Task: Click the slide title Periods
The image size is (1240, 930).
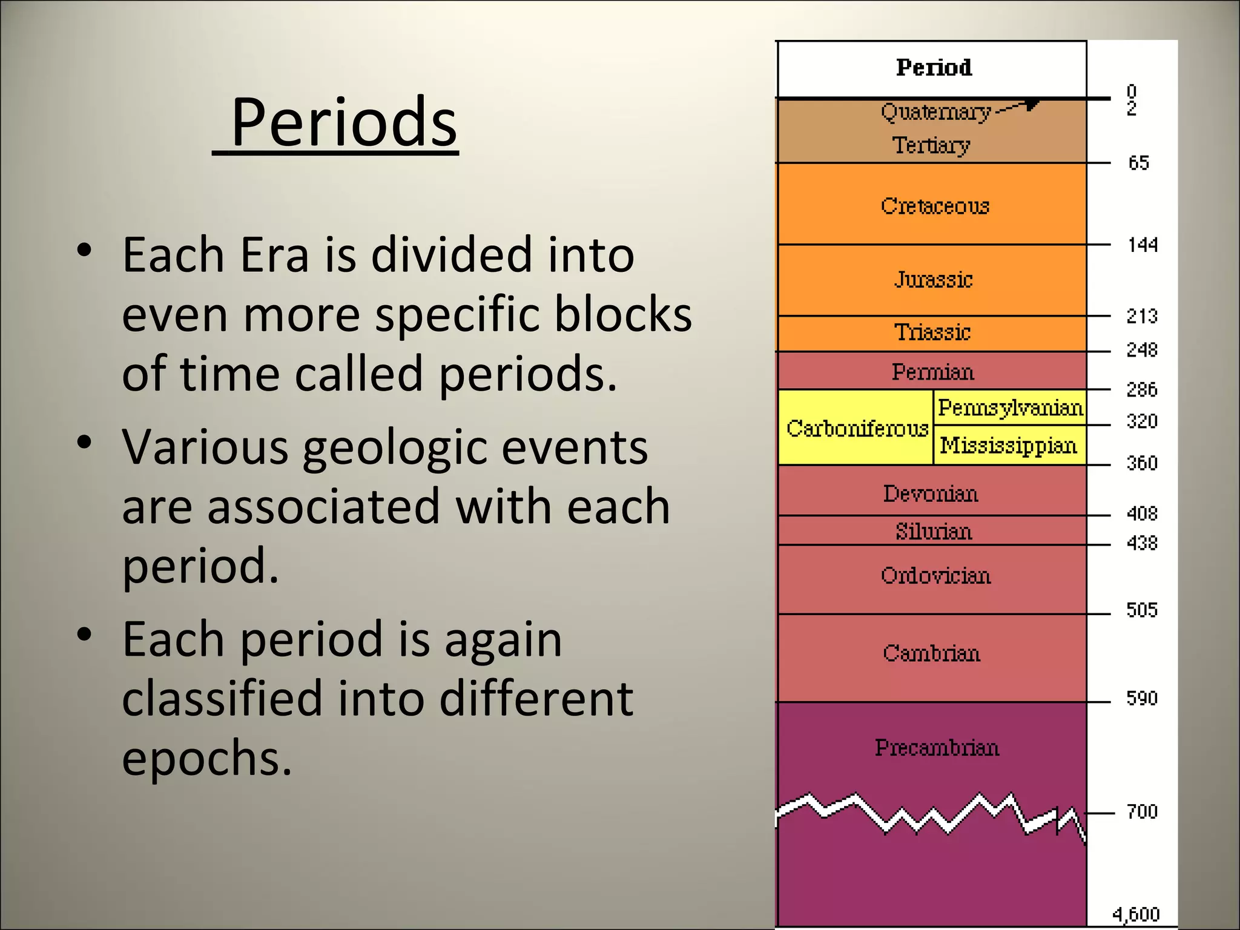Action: tap(343, 123)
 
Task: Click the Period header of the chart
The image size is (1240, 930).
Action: tap(934, 67)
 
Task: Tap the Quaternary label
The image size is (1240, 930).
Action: tap(935, 112)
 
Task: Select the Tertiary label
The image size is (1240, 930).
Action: tap(931, 145)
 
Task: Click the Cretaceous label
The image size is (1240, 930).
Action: tap(935, 206)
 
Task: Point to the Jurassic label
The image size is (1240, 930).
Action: tap(934, 279)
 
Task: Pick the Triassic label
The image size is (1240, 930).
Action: tap(932, 332)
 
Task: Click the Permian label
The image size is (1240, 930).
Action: tap(932, 372)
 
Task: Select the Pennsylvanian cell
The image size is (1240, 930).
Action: tap(1010, 408)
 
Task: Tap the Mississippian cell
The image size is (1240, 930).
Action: tap(1009, 446)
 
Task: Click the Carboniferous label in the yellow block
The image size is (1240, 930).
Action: tap(857, 429)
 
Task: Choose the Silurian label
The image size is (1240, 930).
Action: tap(934, 532)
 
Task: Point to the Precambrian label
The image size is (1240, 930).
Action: tap(937, 748)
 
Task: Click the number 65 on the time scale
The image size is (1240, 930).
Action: tap(1138, 163)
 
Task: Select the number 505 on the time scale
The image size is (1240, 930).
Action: tap(1142, 610)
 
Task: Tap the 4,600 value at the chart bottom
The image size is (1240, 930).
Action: tap(1136, 914)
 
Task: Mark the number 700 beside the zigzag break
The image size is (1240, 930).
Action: tap(1142, 811)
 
